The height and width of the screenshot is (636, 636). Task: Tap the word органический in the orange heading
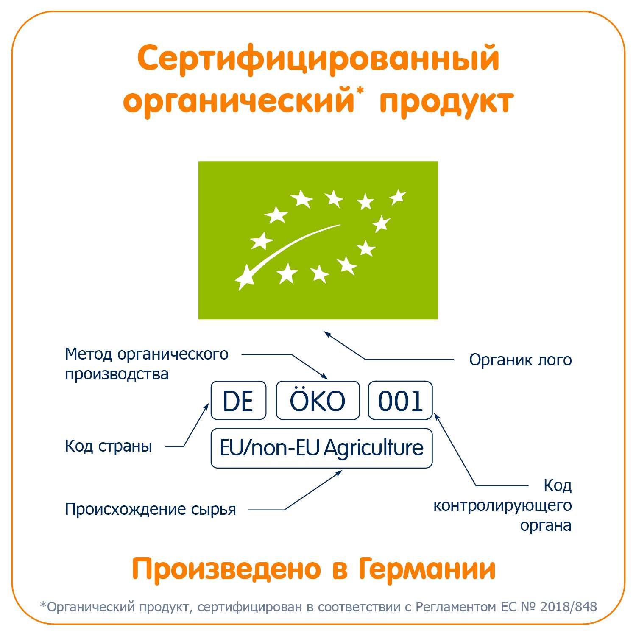238,102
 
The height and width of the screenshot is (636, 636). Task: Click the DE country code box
238,401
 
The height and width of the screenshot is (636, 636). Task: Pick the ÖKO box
318,401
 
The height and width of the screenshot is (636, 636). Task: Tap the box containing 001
400,401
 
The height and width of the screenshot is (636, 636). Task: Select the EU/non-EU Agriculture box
321,448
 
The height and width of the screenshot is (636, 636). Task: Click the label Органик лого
520,360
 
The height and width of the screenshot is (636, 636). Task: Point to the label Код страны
109,446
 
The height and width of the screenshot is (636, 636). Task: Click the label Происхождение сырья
151,509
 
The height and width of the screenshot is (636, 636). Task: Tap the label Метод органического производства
147,364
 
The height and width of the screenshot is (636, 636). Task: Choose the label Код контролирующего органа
502,505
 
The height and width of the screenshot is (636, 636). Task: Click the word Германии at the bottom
427,569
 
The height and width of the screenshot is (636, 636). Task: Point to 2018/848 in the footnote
569,607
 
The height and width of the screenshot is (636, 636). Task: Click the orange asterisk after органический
360,90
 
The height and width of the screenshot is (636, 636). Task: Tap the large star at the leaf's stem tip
245,277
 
